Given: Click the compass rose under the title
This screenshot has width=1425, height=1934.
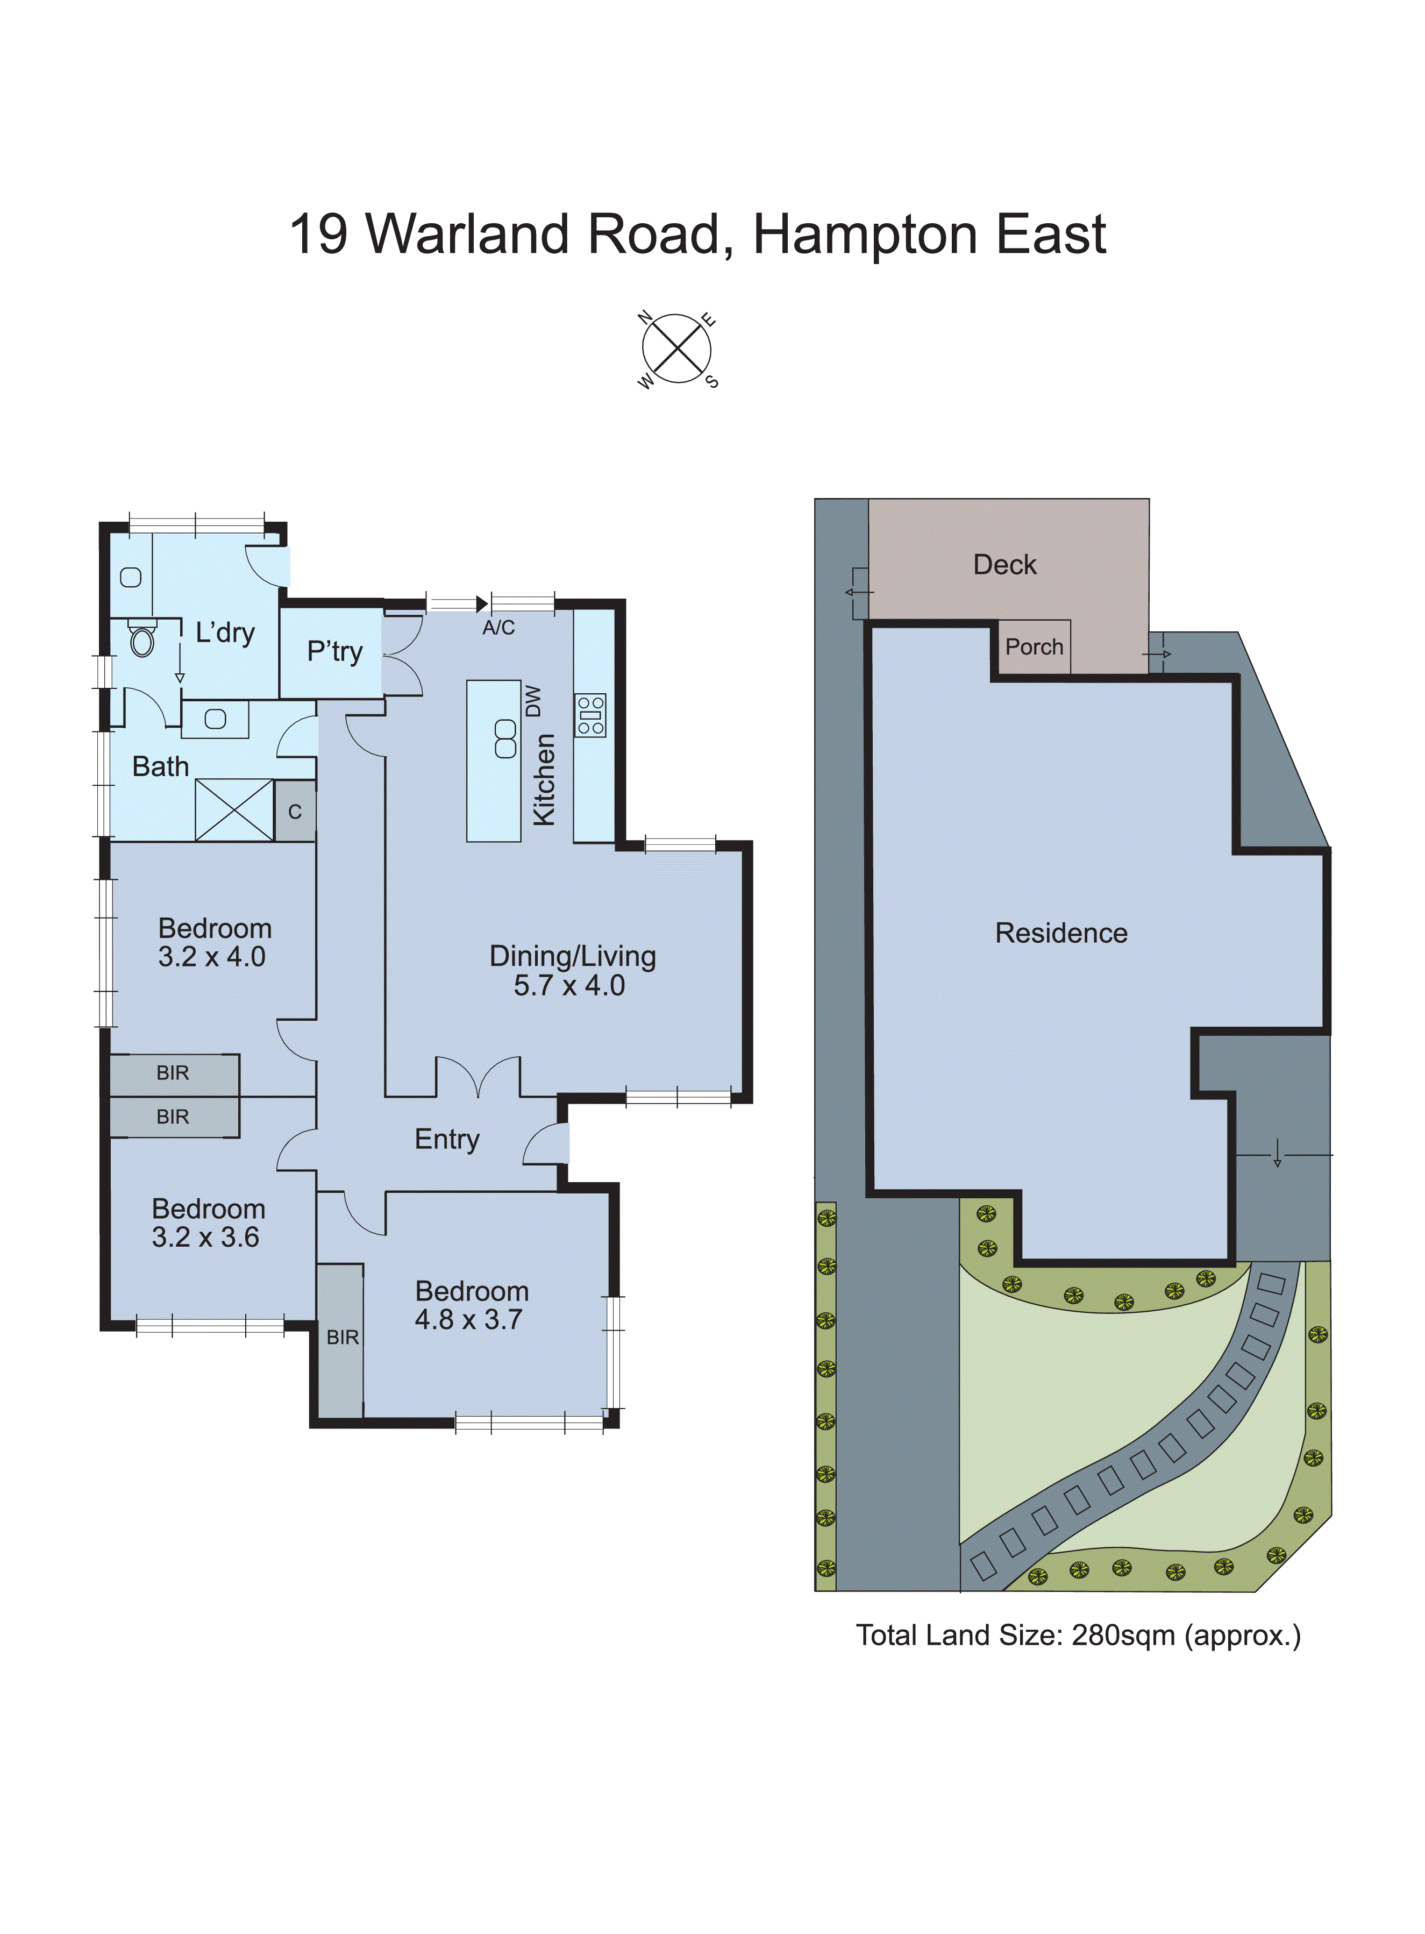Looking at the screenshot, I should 677,350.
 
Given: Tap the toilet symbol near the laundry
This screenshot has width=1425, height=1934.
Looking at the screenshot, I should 142,639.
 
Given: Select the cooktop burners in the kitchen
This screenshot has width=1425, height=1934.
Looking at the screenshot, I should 591,715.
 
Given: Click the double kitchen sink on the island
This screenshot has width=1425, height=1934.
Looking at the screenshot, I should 505,740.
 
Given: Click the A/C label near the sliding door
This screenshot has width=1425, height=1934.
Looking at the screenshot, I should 498,628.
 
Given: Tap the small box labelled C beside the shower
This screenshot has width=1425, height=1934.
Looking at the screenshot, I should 295,812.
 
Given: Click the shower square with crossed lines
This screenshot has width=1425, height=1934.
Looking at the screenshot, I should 234,810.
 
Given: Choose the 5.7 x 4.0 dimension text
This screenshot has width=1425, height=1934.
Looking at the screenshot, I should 569,986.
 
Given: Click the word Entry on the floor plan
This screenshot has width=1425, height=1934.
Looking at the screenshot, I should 447,1140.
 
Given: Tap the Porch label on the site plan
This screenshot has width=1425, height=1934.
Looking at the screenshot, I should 1034,647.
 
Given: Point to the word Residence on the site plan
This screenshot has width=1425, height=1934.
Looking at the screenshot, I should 1061,933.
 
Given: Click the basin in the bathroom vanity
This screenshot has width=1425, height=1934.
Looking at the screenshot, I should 216,719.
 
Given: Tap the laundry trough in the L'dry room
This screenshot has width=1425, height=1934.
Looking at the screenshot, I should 131,577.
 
